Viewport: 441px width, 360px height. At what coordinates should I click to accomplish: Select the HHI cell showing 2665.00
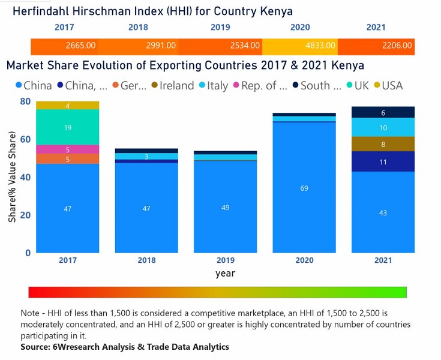point(80,46)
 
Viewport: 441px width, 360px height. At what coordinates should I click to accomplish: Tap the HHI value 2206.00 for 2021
point(397,46)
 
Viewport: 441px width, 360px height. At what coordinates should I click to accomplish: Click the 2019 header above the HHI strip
point(220,28)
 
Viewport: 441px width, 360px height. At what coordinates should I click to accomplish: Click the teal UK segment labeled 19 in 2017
point(68,127)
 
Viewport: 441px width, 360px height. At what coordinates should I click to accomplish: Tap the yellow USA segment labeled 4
point(68,106)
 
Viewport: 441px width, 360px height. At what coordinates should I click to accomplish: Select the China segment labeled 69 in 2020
point(304,188)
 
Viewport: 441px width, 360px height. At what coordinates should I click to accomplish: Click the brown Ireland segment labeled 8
point(383,144)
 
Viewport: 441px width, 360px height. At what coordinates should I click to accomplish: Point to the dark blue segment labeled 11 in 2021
point(383,161)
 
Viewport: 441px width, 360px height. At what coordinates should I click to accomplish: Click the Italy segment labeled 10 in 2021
point(383,127)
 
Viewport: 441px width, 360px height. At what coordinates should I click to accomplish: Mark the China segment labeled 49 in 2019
point(226,207)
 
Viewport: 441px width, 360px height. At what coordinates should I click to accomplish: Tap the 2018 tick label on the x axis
point(146,260)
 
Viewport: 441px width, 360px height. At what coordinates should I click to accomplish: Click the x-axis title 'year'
point(226,274)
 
